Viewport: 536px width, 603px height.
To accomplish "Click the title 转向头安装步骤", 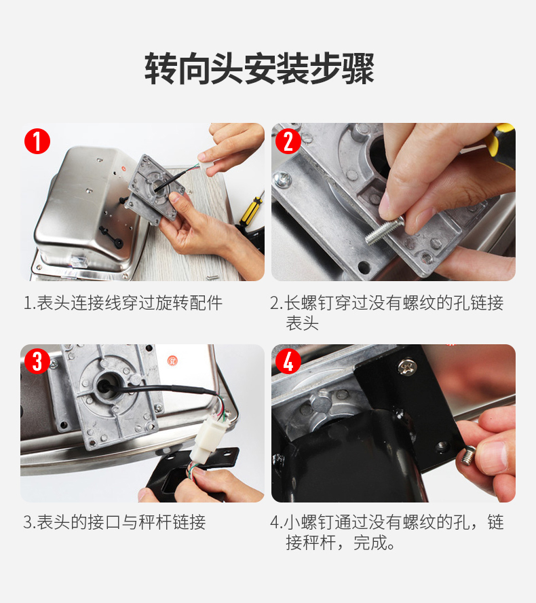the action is tap(259, 69).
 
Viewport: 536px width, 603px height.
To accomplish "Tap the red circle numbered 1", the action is tap(37, 141).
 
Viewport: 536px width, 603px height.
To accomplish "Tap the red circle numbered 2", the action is tap(288, 141).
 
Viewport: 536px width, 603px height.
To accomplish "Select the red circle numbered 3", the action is tap(37, 361).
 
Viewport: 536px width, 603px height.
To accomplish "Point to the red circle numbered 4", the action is tap(288, 361).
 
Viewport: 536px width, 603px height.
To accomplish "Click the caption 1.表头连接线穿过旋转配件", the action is tap(123, 303).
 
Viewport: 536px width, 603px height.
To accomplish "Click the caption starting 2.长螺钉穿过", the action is tap(387, 312).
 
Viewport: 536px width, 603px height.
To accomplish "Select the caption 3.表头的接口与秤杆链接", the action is tap(115, 522).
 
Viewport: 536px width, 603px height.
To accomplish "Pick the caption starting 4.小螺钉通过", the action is tap(387, 532).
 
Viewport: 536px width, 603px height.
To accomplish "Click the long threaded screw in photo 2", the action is tap(385, 230).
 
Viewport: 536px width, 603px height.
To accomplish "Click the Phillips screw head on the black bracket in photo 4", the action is tap(406, 367).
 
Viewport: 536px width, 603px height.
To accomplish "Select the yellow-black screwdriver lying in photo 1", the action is tap(250, 211).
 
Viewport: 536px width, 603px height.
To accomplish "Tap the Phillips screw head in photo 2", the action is tap(282, 179).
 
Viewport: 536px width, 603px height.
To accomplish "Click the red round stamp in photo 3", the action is tap(173, 361).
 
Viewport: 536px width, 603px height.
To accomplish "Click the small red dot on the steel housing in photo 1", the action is tap(123, 168).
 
